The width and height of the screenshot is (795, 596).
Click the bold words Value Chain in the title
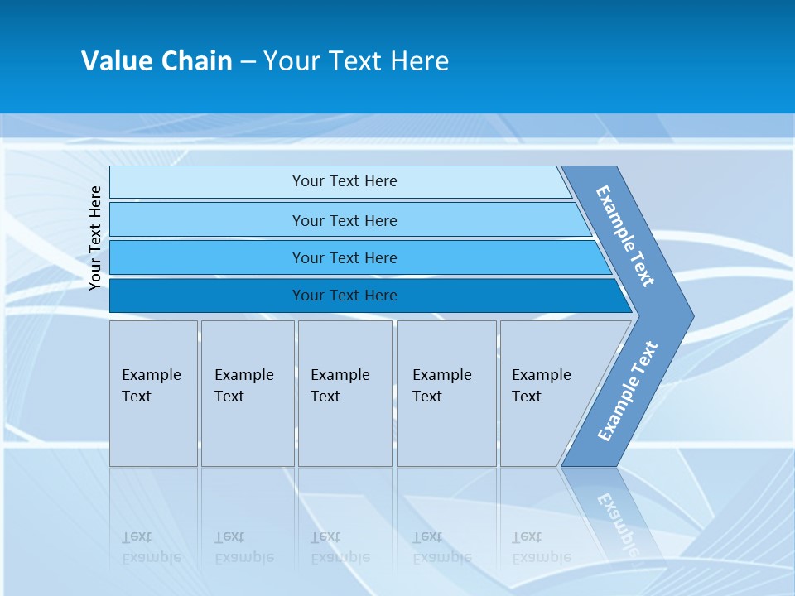[x=157, y=61]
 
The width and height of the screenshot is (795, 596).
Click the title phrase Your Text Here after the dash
[x=356, y=61]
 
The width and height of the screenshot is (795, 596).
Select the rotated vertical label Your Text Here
[x=96, y=238]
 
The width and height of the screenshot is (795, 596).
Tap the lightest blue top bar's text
[x=344, y=181]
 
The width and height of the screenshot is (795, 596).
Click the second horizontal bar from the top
[x=344, y=220]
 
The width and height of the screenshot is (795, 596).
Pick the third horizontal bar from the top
[x=344, y=258]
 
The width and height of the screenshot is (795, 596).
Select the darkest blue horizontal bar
[x=344, y=296]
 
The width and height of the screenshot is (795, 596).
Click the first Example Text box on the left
[x=153, y=393]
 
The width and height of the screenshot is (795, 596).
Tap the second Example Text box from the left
[x=247, y=393]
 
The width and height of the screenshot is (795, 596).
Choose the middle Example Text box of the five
[x=344, y=393]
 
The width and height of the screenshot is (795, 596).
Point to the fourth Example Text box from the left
[x=446, y=393]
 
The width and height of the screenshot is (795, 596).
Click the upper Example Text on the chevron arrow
[x=625, y=236]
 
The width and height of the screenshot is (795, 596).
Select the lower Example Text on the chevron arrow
[x=628, y=392]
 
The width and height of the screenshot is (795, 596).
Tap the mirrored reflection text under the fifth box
[x=541, y=547]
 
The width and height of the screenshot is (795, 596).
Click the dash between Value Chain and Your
[x=248, y=62]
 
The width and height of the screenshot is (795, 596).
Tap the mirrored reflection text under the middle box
[x=340, y=547]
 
